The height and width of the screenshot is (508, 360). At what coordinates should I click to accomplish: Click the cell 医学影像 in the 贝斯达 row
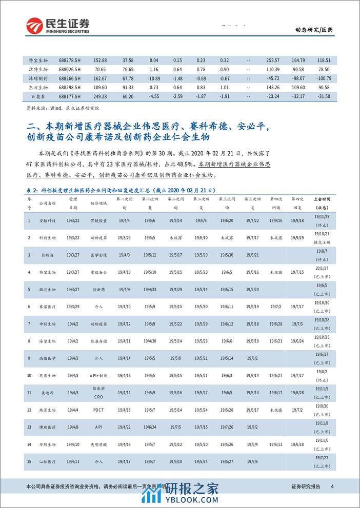coord(99,255)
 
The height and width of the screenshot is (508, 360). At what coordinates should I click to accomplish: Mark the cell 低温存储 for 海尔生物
coord(99,340)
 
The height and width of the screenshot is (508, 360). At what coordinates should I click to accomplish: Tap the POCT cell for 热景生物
coord(99,411)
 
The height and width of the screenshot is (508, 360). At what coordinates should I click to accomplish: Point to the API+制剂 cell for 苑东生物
coord(99,375)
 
